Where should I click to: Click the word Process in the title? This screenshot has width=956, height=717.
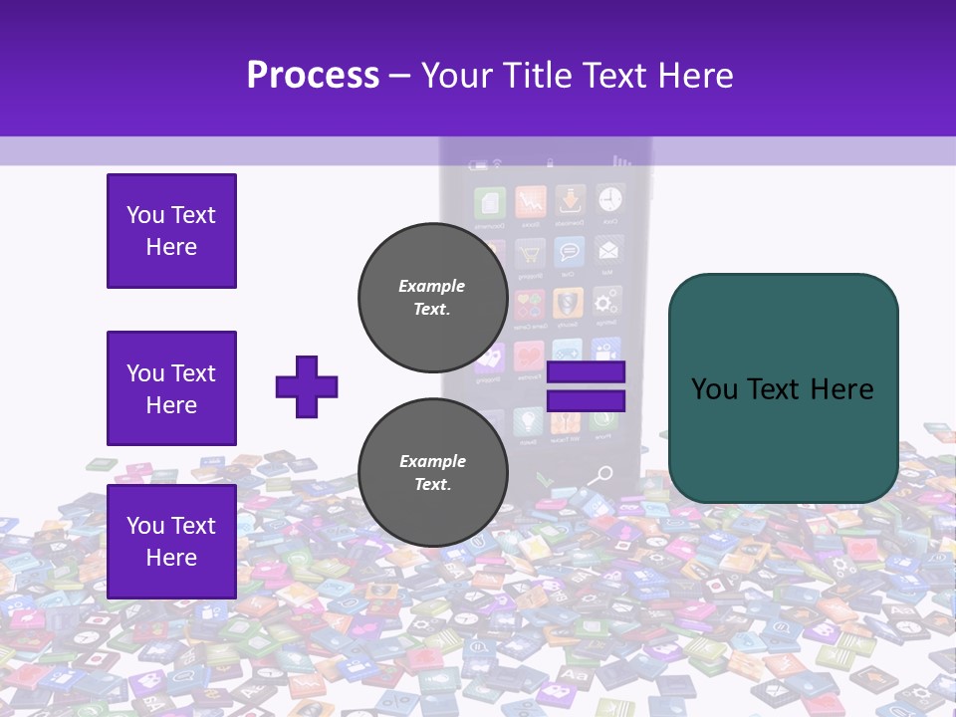point(313,75)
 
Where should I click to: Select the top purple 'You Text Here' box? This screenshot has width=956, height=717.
point(171,231)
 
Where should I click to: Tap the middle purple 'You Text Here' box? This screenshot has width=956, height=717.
point(171,388)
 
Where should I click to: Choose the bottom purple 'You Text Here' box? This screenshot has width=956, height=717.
point(171,541)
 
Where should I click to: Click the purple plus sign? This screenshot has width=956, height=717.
point(307,386)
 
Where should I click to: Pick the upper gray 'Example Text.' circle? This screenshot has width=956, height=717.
point(432,297)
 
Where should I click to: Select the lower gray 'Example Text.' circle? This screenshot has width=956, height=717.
point(432,472)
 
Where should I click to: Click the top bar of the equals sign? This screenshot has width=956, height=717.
point(586,372)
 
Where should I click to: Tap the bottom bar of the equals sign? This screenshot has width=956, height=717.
point(586,401)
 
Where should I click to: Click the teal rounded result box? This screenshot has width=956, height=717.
point(783,388)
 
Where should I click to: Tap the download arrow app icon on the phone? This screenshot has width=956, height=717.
point(570,200)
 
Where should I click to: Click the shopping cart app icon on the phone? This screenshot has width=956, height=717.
point(529,252)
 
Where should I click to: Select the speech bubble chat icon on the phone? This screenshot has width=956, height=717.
point(569,252)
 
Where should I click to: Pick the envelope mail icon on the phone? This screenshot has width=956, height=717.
point(606,250)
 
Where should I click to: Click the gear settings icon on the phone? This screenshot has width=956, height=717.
point(605,302)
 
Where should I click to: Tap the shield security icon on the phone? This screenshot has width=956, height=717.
point(568,302)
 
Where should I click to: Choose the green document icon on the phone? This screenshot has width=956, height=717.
point(490,202)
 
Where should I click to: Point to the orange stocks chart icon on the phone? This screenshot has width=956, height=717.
point(530,201)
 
